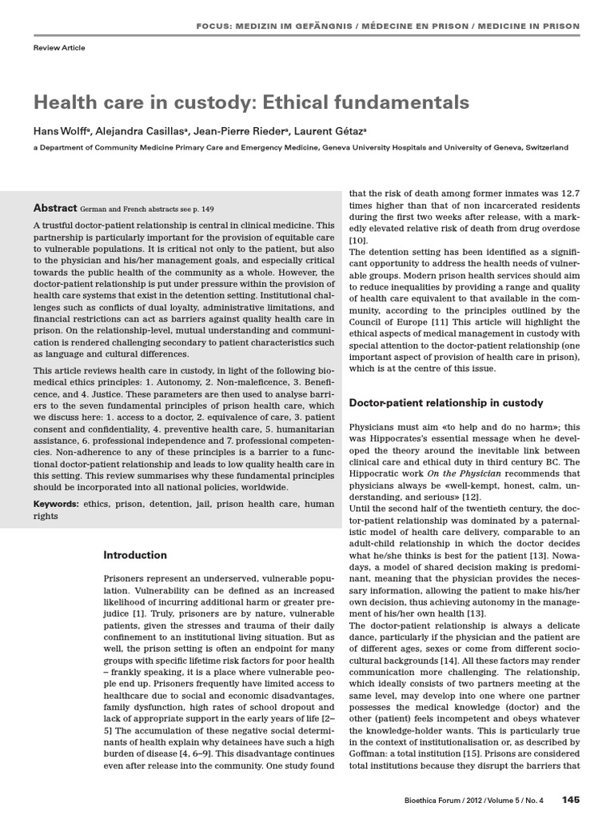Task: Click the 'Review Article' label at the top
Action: coord(58,48)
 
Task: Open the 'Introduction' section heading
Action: coord(136,555)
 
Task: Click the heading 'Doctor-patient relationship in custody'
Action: coord(447,402)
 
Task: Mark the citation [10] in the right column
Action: coord(358,241)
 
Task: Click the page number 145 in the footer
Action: coord(570,799)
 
